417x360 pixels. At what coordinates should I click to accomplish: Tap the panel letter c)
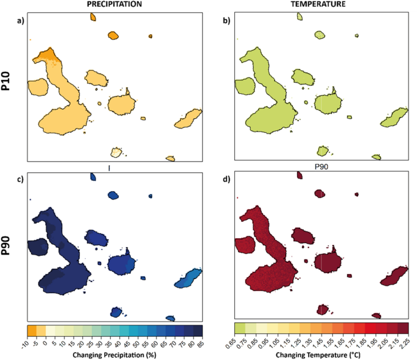[x=21, y=178]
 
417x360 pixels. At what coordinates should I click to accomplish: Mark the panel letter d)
[x=225, y=178]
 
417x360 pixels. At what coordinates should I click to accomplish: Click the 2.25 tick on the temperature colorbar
[x=407, y=344]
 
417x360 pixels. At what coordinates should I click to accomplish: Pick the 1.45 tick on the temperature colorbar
[x=322, y=344]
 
